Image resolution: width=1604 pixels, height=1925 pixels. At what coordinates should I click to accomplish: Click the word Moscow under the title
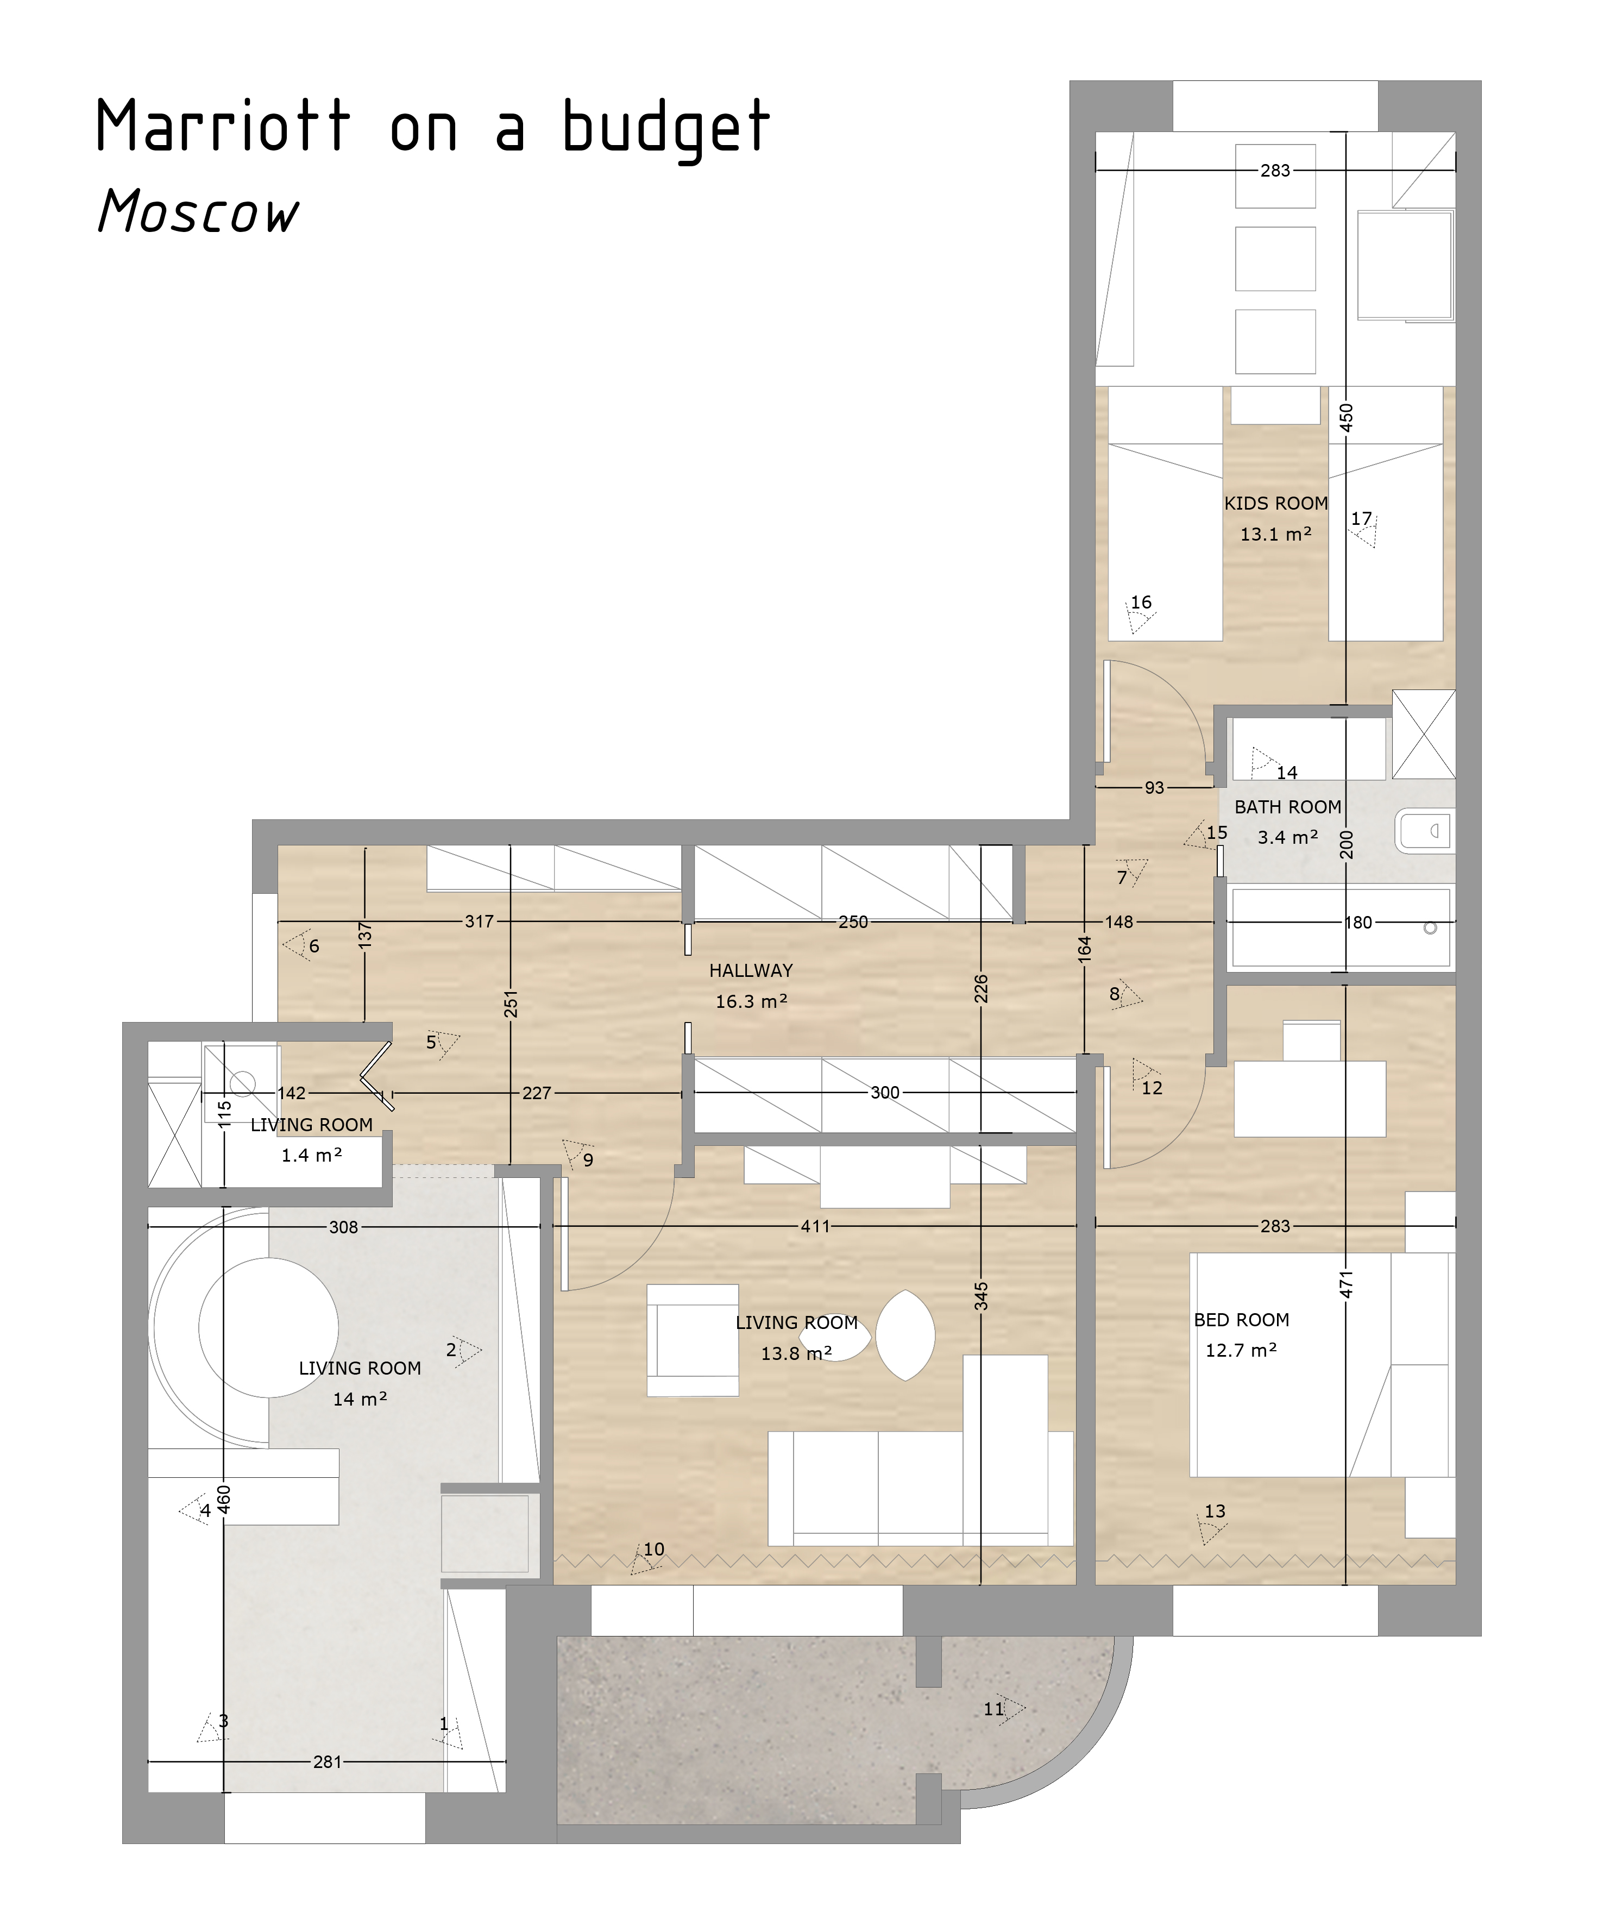click(x=198, y=211)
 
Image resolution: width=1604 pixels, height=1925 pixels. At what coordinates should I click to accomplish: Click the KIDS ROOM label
click(x=1276, y=503)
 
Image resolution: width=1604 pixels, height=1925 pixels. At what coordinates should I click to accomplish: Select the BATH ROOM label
click(x=1288, y=807)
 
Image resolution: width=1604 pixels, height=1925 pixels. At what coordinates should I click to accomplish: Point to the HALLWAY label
click(x=751, y=970)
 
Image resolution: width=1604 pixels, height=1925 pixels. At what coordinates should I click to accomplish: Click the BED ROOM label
click(x=1241, y=1319)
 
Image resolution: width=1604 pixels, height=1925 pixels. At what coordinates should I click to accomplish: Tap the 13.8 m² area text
click(x=796, y=1353)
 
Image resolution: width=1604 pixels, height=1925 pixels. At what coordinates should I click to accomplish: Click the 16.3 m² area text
click(x=752, y=1001)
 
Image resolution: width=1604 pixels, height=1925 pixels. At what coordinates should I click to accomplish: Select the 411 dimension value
click(x=815, y=1226)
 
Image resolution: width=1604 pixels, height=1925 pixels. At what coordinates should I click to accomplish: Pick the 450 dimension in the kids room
click(x=1345, y=417)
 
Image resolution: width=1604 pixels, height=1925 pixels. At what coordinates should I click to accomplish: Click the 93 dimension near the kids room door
click(x=1154, y=787)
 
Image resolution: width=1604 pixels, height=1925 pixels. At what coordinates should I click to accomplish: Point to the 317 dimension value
click(x=480, y=921)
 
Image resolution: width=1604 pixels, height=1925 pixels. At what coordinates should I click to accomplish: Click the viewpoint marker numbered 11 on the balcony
click(x=1004, y=1709)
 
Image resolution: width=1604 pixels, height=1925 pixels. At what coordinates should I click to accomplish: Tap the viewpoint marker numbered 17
click(x=1363, y=528)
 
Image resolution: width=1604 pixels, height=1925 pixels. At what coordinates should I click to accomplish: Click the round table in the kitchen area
click(x=268, y=1327)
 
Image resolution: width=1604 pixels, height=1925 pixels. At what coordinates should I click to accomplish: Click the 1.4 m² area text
click(x=312, y=1155)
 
